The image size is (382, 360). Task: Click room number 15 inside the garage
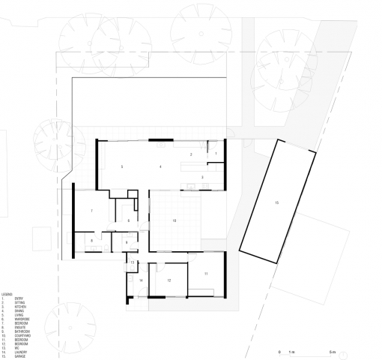(276, 203)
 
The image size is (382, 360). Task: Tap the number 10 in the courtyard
(174, 220)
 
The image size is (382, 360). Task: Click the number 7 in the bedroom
(91, 211)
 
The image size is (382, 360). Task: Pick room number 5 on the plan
(122, 166)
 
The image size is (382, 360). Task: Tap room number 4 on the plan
(160, 166)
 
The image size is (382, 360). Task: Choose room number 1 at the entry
(216, 154)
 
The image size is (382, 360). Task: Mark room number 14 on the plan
(140, 280)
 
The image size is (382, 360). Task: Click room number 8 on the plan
(91, 240)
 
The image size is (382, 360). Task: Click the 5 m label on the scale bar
(331, 352)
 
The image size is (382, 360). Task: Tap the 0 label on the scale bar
(279, 352)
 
